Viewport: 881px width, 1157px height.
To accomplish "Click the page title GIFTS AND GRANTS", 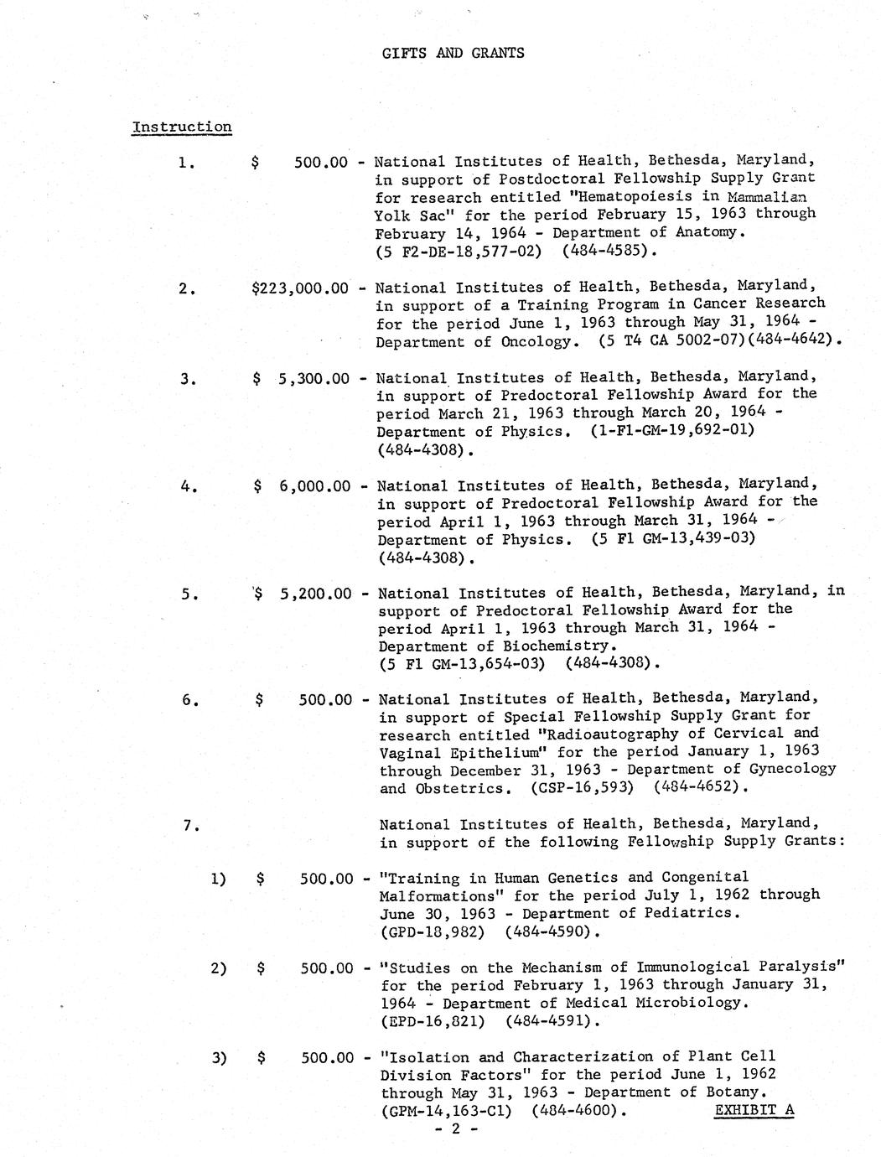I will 453,53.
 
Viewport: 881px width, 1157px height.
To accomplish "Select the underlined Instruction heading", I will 181,127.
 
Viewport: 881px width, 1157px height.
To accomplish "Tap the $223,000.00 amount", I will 299,288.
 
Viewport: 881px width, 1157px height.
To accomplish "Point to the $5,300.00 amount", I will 301,379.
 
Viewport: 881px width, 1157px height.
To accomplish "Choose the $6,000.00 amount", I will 302,486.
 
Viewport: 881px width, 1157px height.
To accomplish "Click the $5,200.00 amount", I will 303,594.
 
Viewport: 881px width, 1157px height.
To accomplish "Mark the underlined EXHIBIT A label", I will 754,1111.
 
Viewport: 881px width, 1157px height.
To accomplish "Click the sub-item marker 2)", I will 218,968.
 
